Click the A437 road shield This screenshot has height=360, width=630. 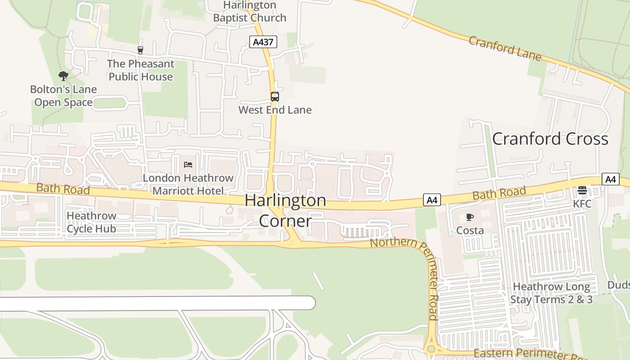click(x=263, y=42)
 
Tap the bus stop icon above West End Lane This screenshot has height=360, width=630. click(x=274, y=97)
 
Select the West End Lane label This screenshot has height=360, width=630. click(x=274, y=110)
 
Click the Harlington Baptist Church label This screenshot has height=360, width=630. click(x=249, y=12)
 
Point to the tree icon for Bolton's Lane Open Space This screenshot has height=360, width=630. click(x=63, y=76)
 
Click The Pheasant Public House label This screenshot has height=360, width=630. click(x=140, y=70)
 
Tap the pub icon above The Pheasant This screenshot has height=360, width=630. click(x=140, y=50)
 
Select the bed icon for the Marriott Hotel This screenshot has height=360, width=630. click(x=188, y=165)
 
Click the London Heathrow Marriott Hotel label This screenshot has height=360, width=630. click(x=188, y=184)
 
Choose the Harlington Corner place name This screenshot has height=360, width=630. click(x=285, y=210)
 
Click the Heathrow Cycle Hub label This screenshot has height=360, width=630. click(x=91, y=222)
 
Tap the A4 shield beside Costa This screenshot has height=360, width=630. click(x=432, y=200)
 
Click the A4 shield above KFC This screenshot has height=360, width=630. click(x=610, y=179)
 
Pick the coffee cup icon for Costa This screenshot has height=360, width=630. click(x=470, y=217)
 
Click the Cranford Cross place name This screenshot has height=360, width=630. click(x=550, y=139)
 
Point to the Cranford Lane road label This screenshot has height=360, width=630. click(x=504, y=48)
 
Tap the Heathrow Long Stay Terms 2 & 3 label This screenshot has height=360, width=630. click(x=551, y=293)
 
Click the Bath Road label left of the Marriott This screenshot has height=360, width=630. click(x=63, y=189)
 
